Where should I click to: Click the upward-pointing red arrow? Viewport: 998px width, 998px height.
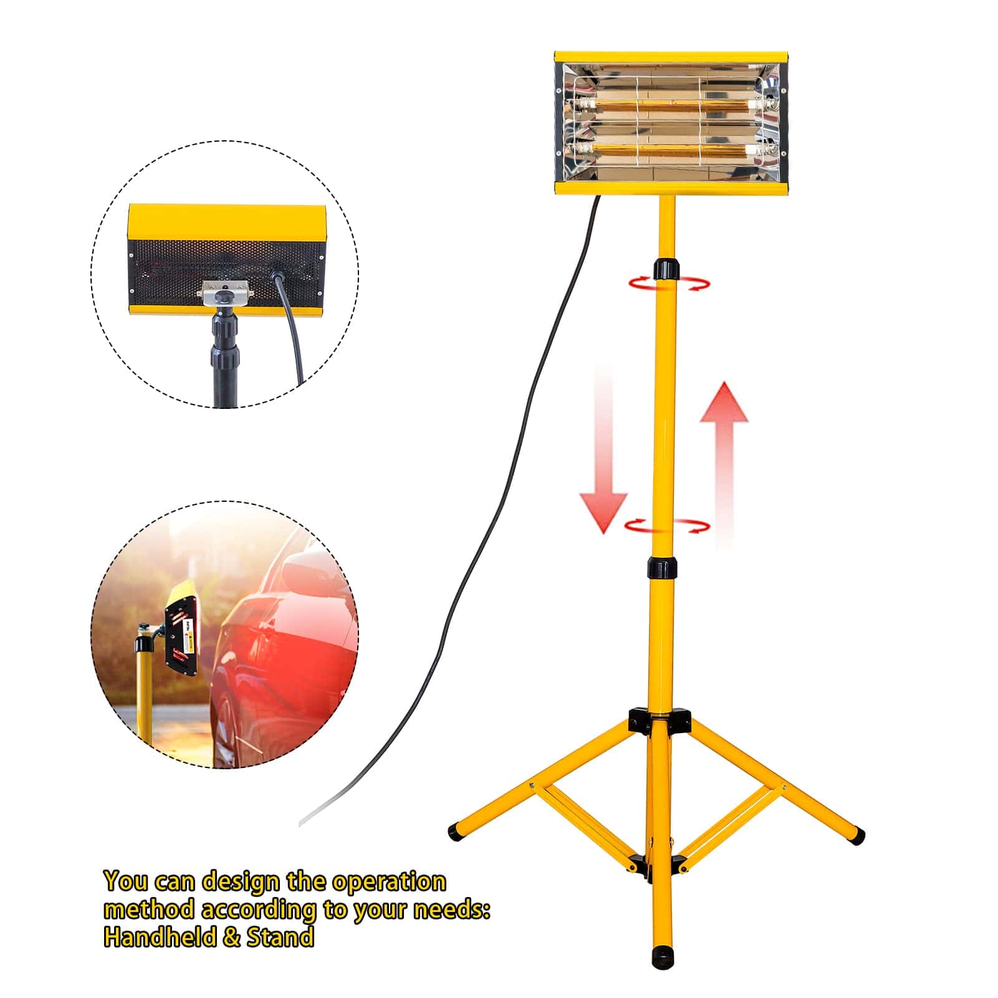[x=724, y=464]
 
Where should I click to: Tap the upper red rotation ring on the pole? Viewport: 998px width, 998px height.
[x=669, y=284]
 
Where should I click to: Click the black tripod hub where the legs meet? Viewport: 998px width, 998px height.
[x=660, y=719]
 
